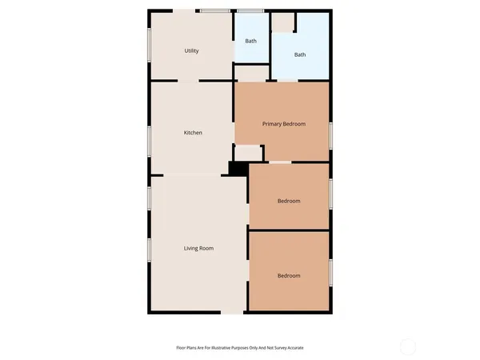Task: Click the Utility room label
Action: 191,50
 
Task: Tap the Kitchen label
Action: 193,133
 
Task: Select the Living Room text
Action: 199,249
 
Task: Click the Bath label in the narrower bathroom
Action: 250,41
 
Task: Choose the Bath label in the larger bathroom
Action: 300,55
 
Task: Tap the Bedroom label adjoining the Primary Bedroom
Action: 289,201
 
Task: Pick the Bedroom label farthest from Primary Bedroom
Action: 289,275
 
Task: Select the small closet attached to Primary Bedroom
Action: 248,152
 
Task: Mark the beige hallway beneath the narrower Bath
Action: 252,73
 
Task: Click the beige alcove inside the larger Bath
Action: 283,22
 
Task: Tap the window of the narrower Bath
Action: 250,10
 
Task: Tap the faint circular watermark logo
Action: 408,346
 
